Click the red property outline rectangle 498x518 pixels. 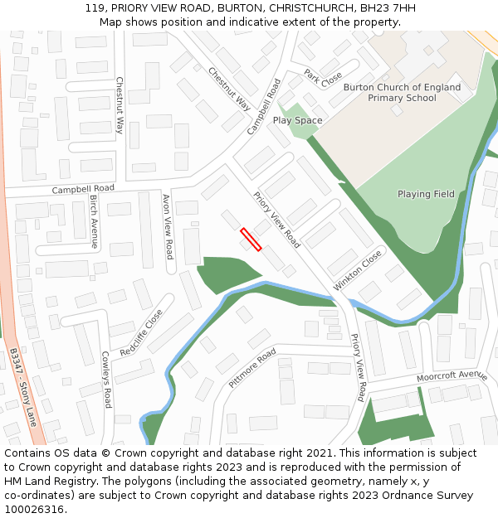(251, 239)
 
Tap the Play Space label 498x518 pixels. (297, 121)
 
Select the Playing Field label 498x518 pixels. (426, 194)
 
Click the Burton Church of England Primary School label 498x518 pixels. (402, 92)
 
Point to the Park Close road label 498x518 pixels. (323, 79)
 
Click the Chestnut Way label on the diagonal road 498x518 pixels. (230, 89)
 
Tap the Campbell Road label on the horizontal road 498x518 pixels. (83, 189)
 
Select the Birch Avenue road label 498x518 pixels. (94, 222)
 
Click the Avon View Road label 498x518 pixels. (168, 226)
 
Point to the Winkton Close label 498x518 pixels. (359, 269)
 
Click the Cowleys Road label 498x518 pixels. (106, 380)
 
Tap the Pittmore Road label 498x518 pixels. (252, 368)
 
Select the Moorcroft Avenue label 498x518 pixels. (452, 375)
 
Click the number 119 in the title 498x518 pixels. (95, 8)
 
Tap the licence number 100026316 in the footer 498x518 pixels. (34, 509)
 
